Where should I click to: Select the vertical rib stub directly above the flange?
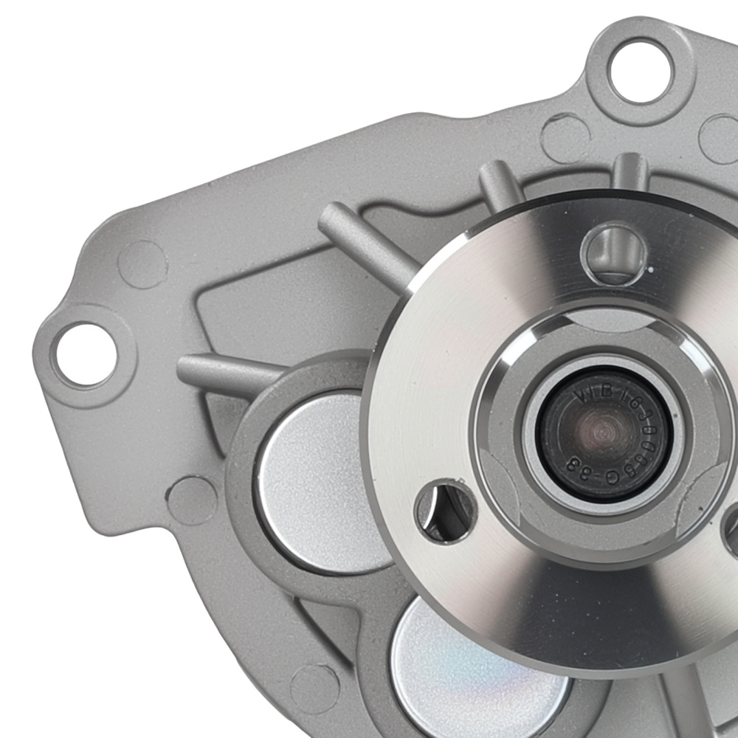pos(630,173)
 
